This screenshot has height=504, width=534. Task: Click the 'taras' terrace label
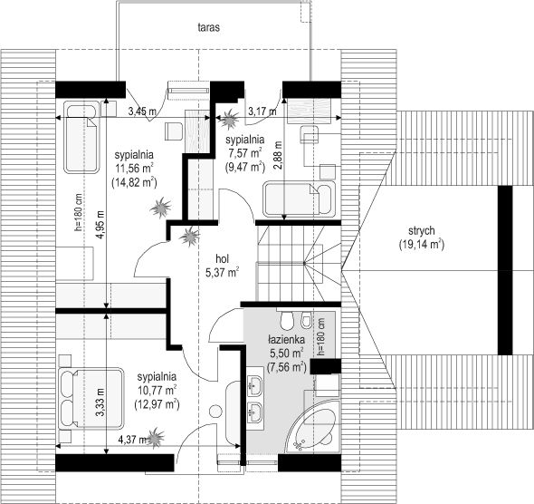pyautogui.click(x=209, y=27)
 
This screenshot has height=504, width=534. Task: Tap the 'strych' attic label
pyautogui.click(x=422, y=231)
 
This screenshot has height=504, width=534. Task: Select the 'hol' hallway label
pyautogui.click(x=222, y=259)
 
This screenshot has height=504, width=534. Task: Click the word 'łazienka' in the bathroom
pyautogui.click(x=286, y=340)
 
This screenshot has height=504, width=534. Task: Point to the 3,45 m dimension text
pyautogui.click(x=142, y=111)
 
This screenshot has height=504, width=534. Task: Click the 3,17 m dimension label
pyautogui.click(x=262, y=111)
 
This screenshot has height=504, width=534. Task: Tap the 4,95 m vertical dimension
pyautogui.click(x=100, y=225)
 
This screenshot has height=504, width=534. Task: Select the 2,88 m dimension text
pyautogui.click(x=278, y=156)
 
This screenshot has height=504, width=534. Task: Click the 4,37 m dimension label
pyautogui.click(x=132, y=440)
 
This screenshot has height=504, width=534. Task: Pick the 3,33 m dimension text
pyautogui.click(x=100, y=402)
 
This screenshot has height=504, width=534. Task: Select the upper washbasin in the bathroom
pyautogui.click(x=254, y=385)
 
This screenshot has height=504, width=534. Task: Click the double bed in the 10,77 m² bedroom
pyautogui.click(x=91, y=398)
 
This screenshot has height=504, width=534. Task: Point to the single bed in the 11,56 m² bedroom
pyautogui.click(x=81, y=139)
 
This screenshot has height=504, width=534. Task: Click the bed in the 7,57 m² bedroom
pyautogui.click(x=299, y=199)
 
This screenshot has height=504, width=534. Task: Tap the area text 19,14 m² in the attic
pyautogui.click(x=421, y=245)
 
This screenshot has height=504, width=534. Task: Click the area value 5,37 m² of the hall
pyautogui.click(x=222, y=273)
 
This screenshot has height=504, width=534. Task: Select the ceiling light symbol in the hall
pyautogui.click(x=189, y=237)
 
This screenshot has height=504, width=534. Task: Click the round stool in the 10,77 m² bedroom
pyautogui.click(x=215, y=411)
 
